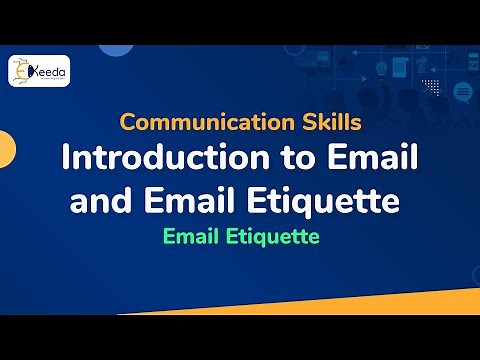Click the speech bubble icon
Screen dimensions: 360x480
point(462,92)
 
